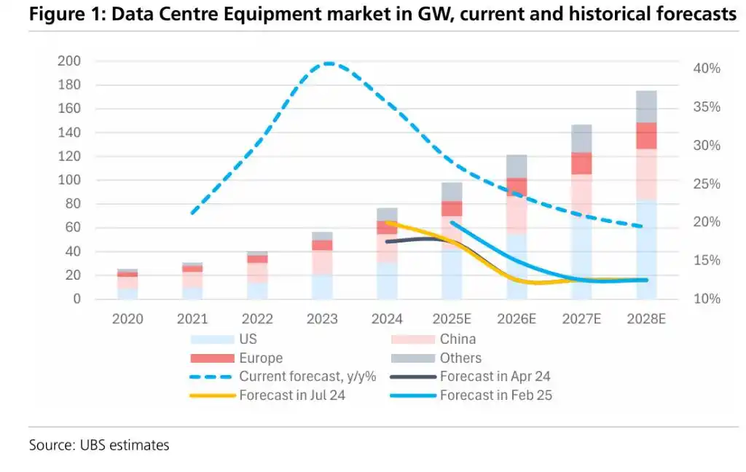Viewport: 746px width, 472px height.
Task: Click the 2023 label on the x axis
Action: (x=322, y=319)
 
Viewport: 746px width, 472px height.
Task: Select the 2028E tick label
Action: (x=647, y=319)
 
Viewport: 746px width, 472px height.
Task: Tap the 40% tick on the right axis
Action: (x=706, y=68)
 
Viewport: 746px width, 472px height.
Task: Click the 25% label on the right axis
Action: (x=706, y=184)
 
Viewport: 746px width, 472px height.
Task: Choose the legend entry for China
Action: (x=458, y=339)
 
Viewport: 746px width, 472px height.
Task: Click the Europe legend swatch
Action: (x=211, y=358)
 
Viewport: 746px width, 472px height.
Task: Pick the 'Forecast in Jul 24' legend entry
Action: (x=291, y=396)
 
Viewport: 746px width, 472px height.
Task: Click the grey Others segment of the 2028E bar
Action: (x=647, y=106)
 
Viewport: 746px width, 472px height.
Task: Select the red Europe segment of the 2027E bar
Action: (x=581, y=163)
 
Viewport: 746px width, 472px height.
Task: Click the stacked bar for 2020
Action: (x=127, y=284)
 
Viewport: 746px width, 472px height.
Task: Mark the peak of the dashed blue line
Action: (x=329, y=63)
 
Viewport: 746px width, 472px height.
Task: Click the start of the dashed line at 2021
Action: (x=192, y=213)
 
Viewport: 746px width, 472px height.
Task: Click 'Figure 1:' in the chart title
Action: (x=58, y=14)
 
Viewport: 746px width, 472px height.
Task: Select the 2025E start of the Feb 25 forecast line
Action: (x=452, y=222)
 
